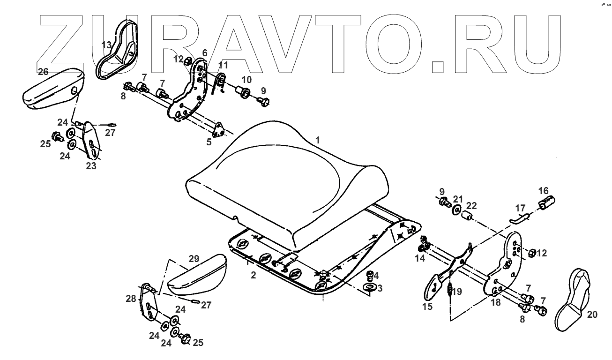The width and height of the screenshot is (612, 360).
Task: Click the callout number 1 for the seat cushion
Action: [x=318, y=140]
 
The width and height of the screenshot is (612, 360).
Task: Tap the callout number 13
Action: [x=107, y=45]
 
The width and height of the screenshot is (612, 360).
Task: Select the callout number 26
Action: [x=43, y=72]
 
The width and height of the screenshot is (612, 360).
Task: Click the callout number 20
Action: [x=592, y=315]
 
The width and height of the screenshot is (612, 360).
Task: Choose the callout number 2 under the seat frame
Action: [x=253, y=276]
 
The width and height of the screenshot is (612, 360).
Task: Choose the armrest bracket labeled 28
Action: [x=149, y=305]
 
